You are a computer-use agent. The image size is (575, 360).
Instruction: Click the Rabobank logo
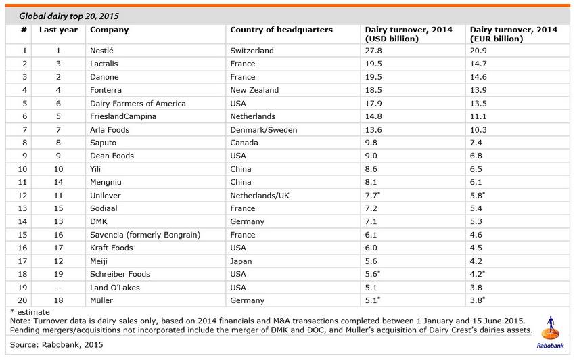point(551,332)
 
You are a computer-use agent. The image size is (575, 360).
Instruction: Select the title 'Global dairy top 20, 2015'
point(69,16)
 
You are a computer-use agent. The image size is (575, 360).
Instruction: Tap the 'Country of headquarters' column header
point(281,30)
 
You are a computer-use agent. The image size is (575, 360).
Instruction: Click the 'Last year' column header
point(58,30)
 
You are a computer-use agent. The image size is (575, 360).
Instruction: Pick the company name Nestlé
point(101,51)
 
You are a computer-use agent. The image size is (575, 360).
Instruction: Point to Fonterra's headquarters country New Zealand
point(254,90)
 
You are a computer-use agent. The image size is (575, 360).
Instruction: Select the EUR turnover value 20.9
point(478,51)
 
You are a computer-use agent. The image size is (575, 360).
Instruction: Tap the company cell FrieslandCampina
point(123,116)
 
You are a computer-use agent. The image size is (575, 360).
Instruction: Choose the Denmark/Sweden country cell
point(264,129)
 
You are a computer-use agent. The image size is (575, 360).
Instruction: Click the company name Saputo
point(103,143)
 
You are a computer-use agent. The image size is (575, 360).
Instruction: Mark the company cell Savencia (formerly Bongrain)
point(145,235)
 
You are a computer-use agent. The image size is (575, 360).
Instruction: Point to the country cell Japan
point(241,261)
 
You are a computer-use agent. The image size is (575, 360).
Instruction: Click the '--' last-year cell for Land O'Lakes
point(58,288)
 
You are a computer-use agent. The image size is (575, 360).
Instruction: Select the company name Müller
point(101,300)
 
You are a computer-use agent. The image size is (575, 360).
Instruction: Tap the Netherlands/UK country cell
point(260,196)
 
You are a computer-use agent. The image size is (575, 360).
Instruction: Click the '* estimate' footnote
point(30,312)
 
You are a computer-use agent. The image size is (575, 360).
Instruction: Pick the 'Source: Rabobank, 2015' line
point(56,345)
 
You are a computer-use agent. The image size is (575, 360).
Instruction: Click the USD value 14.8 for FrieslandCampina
point(373,116)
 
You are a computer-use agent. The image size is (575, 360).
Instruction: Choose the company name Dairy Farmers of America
point(138,104)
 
